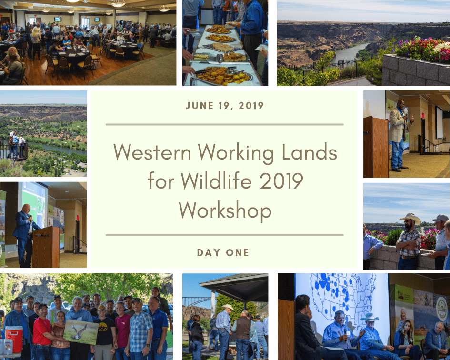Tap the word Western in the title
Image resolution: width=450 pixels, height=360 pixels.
click(x=152, y=152)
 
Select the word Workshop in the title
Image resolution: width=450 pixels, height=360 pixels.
click(x=225, y=211)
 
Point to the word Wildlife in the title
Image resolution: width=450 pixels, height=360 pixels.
click(x=216, y=181)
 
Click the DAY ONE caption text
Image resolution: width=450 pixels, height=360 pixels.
click(x=223, y=253)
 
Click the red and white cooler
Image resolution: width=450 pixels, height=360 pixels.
click(x=14, y=339)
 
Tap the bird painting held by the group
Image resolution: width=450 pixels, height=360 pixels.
click(x=80, y=331)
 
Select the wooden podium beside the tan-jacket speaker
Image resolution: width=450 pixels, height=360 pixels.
click(x=376, y=147)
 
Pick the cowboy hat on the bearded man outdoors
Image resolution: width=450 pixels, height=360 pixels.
click(x=410, y=219)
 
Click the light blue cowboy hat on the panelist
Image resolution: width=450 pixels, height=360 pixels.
click(x=370, y=317)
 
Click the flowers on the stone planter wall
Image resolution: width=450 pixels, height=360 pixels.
click(x=422, y=49)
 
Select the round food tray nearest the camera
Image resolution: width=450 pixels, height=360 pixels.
click(x=223, y=76)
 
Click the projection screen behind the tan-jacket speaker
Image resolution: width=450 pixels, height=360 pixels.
click(x=439, y=122)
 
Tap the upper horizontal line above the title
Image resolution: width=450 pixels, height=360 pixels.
click(x=224, y=125)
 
